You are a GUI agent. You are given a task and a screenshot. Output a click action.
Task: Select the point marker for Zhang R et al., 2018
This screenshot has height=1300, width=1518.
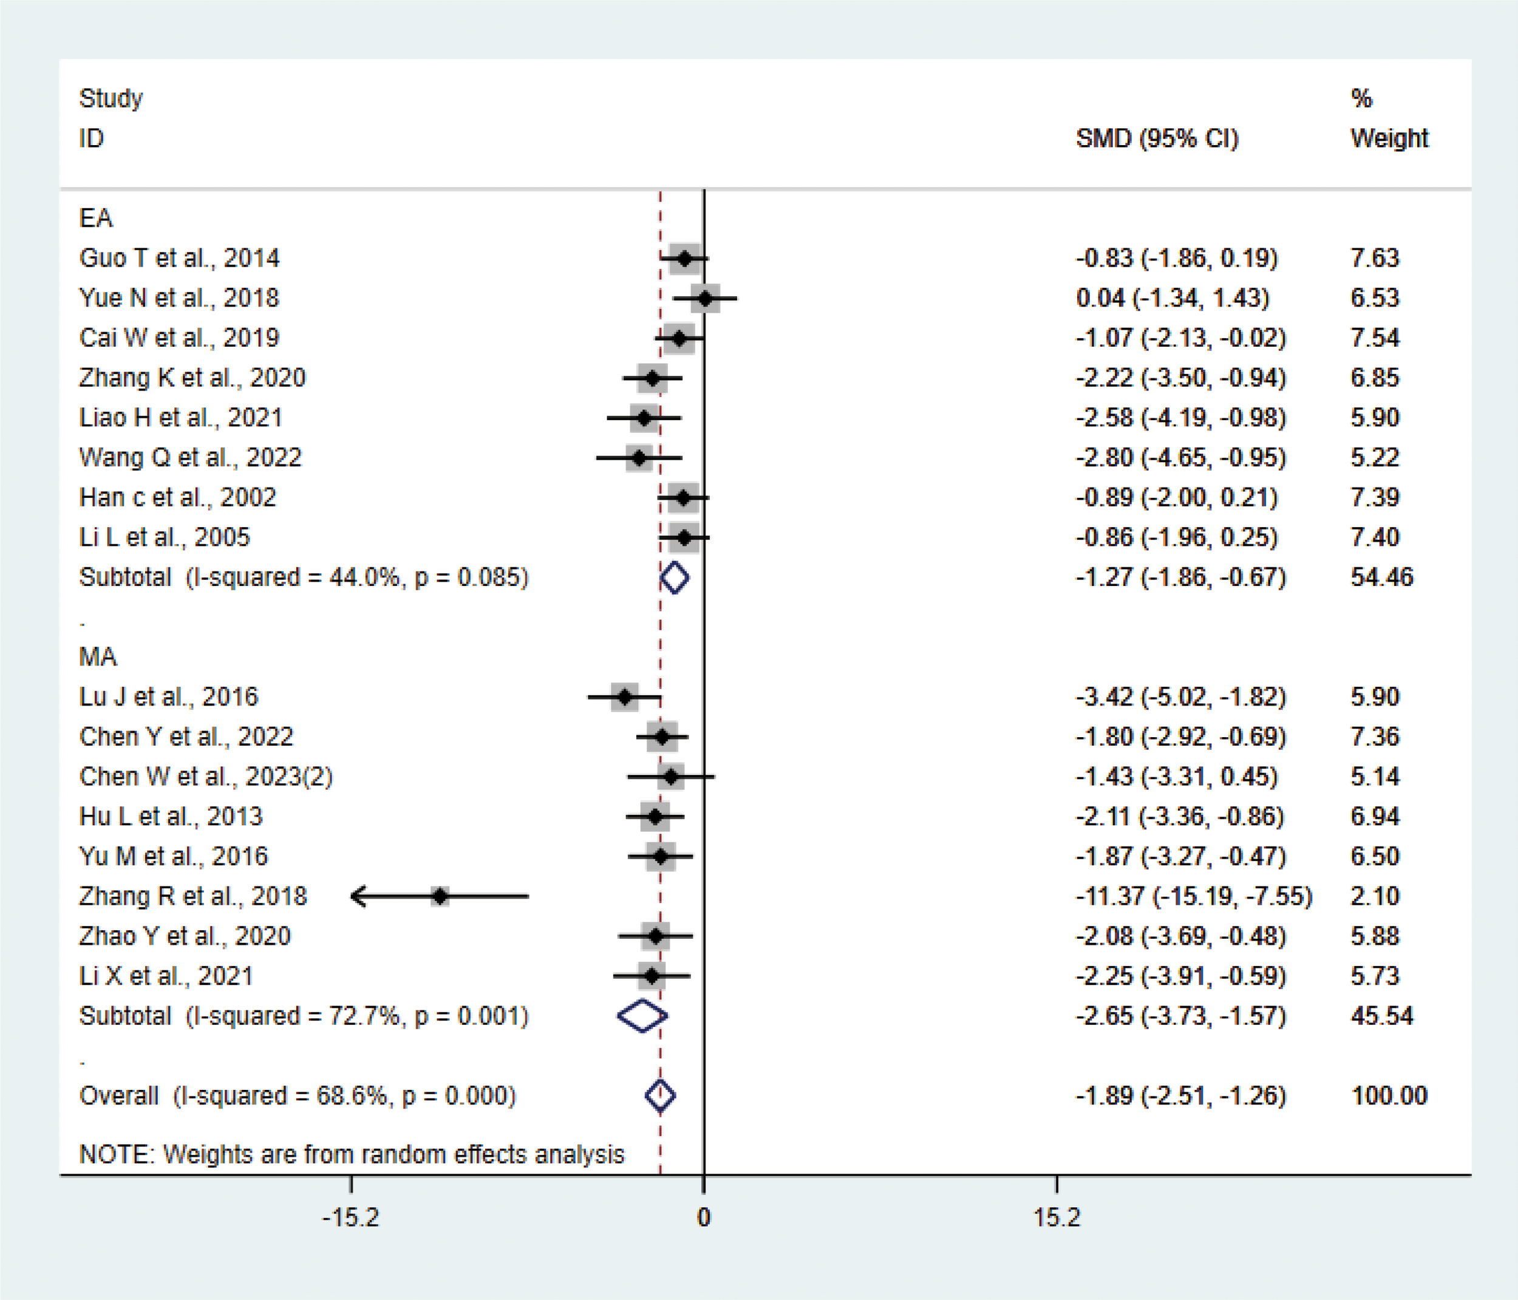440,896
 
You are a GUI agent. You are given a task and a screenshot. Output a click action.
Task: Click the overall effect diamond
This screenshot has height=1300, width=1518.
660,1095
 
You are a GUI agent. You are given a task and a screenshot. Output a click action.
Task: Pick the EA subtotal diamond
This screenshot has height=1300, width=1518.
675,577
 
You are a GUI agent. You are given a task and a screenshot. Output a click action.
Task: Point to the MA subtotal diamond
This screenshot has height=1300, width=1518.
642,1016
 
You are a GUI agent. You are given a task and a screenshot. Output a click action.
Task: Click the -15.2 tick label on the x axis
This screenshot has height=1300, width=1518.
351,1217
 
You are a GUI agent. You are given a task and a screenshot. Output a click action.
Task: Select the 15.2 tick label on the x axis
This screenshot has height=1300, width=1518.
1057,1217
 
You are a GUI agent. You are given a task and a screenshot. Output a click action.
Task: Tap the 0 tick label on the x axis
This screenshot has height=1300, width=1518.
703,1217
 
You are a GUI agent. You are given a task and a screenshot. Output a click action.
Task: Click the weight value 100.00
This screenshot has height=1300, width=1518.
1389,1095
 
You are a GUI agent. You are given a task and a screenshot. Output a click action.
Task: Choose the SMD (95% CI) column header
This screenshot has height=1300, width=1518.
1157,138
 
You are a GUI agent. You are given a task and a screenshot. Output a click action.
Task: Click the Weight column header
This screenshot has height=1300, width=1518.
1389,138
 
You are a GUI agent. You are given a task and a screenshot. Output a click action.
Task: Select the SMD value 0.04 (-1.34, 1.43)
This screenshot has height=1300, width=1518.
1173,298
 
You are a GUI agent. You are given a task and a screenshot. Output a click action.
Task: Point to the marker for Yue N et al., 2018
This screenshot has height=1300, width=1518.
705,298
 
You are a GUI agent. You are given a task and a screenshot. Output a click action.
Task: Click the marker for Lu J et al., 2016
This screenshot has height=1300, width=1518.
624,697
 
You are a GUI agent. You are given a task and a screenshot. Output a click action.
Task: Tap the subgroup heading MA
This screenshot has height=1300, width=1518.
97,656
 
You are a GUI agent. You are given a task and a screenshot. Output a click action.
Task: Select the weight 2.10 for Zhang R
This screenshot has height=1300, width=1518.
1375,896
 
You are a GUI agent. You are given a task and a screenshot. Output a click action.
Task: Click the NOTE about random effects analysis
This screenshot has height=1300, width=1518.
352,1154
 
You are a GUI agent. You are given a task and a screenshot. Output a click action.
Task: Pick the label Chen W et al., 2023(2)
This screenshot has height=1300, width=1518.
206,777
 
